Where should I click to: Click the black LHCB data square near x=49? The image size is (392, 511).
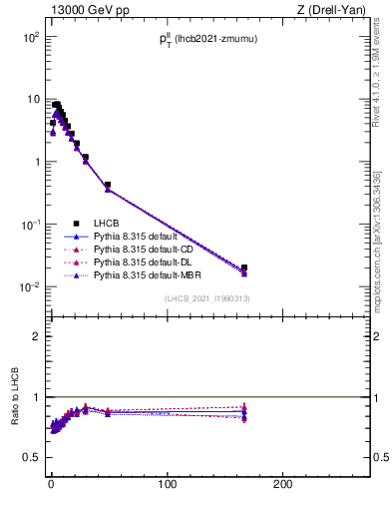point(108,185)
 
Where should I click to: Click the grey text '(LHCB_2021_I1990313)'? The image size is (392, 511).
point(207,299)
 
